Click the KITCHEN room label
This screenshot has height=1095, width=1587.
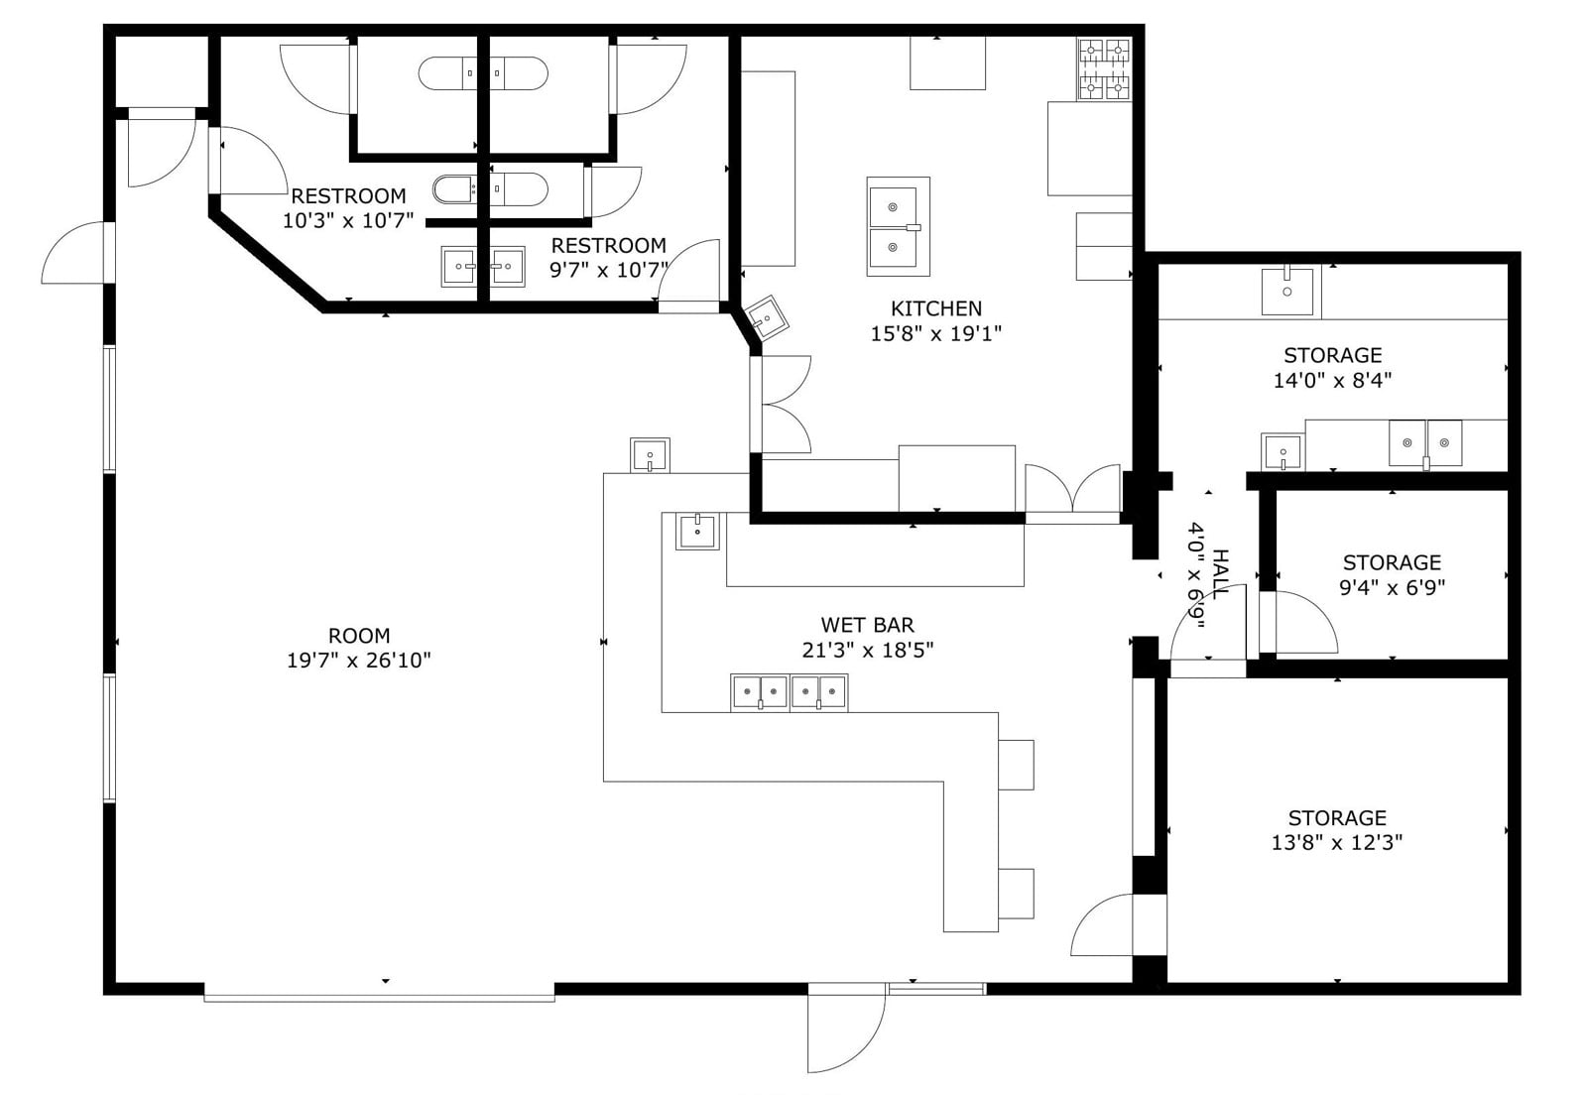click(935, 308)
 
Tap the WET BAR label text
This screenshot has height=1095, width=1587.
click(867, 625)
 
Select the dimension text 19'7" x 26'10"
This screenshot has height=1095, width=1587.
click(358, 661)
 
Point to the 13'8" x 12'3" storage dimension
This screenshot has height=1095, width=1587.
click(1336, 843)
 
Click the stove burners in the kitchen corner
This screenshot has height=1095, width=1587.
click(1104, 68)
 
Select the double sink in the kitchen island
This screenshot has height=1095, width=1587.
click(898, 227)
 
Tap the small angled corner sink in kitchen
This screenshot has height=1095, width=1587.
click(766, 317)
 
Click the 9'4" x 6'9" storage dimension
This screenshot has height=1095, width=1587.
click(1392, 587)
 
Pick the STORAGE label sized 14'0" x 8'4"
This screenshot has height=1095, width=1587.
click(1332, 355)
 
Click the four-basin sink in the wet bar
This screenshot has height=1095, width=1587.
click(789, 691)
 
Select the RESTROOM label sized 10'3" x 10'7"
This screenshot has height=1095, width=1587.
click(348, 195)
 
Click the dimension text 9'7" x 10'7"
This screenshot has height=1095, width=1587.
click(608, 270)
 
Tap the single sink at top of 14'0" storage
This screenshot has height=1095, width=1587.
click(1286, 291)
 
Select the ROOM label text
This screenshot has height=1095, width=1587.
click(358, 635)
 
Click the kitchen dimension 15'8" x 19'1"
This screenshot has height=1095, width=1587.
click(935, 334)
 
